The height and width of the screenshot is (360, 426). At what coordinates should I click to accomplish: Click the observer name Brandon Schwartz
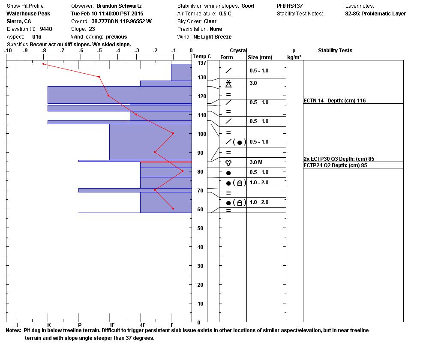(119, 6)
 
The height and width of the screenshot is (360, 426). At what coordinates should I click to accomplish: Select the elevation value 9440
(46, 29)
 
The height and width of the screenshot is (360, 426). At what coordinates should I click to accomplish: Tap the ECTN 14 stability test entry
(334, 101)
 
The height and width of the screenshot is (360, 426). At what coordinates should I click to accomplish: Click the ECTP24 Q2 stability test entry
(335, 165)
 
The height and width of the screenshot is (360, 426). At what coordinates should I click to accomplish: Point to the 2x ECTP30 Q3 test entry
(339, 159)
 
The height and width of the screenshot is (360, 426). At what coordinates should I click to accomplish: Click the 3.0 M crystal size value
(256, 162)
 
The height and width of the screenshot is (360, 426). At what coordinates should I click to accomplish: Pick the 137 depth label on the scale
(201, 63)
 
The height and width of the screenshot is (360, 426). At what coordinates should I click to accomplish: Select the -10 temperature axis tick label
(8, 51)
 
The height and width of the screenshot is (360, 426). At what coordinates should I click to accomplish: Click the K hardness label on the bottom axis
(49, 325)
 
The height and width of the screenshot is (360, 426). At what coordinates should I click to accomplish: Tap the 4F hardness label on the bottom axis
(143, 325)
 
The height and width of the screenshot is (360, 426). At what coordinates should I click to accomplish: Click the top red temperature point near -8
(43, 64)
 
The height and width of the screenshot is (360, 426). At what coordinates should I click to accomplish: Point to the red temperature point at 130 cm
(99, 77)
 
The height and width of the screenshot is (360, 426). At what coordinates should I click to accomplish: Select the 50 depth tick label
(200, 228)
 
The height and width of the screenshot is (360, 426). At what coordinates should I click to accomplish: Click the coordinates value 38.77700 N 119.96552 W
(121, 21)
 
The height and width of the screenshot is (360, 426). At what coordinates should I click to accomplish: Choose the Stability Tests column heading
(335, 51)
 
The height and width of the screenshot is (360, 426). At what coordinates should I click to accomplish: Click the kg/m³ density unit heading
(294, 57)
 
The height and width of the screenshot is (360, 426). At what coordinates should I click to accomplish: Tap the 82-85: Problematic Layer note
(375, 14)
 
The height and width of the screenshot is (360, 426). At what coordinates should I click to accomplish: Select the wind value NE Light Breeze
(212, 37)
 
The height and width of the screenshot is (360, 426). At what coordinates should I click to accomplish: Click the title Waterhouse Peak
(28, 14)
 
